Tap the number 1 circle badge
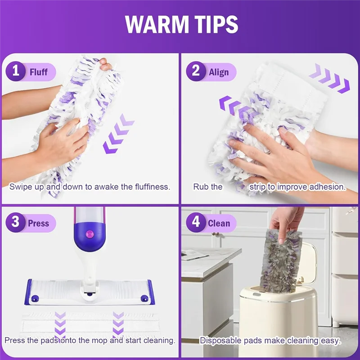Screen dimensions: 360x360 [16, 72]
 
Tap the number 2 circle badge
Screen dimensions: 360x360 [196, 72]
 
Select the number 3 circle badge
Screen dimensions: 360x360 [16, 223]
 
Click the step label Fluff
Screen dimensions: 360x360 [39, 72]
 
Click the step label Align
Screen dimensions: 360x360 [219, 72]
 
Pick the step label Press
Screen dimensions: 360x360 [38, 223]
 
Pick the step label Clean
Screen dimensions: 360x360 [219, 223]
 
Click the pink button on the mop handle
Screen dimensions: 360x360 [89, 234]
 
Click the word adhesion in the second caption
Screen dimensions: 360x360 [328, 186]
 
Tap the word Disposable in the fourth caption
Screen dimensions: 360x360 [220, 340]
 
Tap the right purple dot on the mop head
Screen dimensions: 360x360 [144, 298]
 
